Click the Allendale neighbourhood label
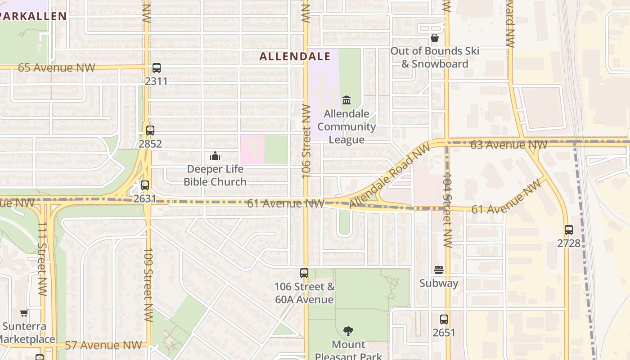[295, 56]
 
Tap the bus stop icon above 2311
[156, 68]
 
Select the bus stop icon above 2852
[150, 130]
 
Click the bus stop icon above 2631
[144, 185]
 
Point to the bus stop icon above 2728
[569, 230]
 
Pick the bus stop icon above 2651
[444, 319]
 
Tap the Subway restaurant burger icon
[439, 270]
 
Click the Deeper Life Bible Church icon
[215, 156]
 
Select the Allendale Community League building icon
[346, 100]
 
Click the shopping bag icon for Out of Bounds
[435, 38]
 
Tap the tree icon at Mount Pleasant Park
[348, 332]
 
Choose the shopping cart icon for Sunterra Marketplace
[24, 313]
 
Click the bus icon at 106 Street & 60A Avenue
[304, 273]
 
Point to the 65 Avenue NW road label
[57, 67]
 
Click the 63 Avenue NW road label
[508, 144]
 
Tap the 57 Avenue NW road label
[103, 345]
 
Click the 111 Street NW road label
[42, 258]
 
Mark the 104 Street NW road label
[447, 210]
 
